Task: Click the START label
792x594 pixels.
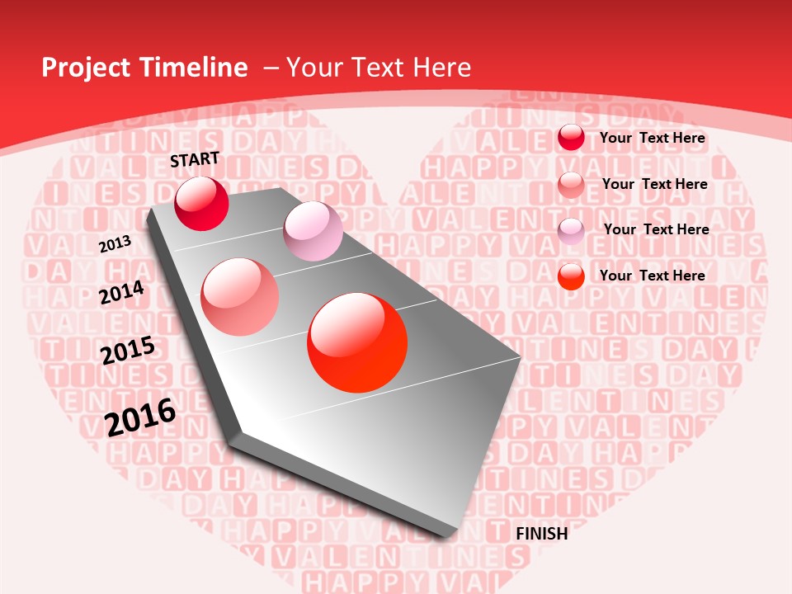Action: coord(195,159)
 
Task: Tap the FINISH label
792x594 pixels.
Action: coord(541,534)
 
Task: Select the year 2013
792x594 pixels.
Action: coord(115,243)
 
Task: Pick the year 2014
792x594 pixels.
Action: coord(121,293)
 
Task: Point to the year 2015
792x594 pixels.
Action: coord(128,351)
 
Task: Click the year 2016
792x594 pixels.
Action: coord(140,417)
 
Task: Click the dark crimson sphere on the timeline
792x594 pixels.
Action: coord(201,203)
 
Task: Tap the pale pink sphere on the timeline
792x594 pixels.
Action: coord(313,231)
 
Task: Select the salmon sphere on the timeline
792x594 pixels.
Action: coord(239,296)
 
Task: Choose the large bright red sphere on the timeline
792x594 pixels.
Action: coord(357,342)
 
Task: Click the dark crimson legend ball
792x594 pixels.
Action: coord(571,138)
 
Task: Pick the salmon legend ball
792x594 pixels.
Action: coord(571,185)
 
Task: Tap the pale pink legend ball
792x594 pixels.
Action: coord(571,231)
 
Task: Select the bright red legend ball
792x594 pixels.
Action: coord(571,276)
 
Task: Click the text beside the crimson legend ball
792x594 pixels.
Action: coord(652,138)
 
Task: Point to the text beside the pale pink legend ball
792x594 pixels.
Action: coord(656,229)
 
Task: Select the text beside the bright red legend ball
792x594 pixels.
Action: coord(652,276)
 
